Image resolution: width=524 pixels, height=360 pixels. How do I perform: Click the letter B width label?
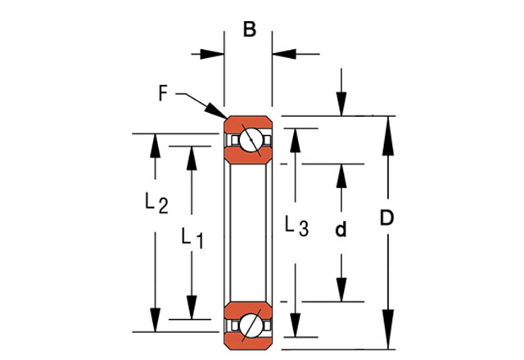coord(250,31)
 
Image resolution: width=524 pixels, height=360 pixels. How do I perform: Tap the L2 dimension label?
coord(156,203)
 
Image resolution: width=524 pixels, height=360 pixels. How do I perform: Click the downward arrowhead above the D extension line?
coord(342,106)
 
